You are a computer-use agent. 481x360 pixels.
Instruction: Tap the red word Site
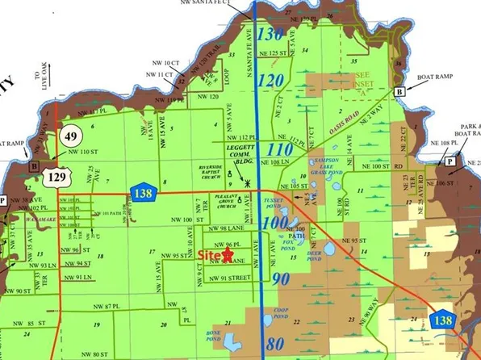208,254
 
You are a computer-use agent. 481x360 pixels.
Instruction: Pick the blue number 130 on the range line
272,34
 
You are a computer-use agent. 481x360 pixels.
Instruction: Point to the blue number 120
272,80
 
